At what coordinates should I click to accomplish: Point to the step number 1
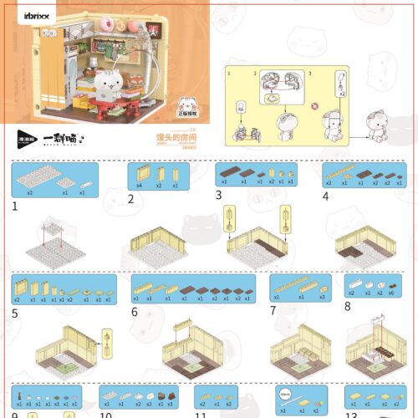15,205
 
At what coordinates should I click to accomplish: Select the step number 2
131,199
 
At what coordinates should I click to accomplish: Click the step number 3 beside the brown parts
218,196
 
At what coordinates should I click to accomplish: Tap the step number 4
326,197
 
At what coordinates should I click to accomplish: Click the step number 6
135,312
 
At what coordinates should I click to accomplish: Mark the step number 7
273,311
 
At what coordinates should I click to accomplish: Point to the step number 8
347,306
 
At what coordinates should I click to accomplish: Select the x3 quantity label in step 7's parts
322,298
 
